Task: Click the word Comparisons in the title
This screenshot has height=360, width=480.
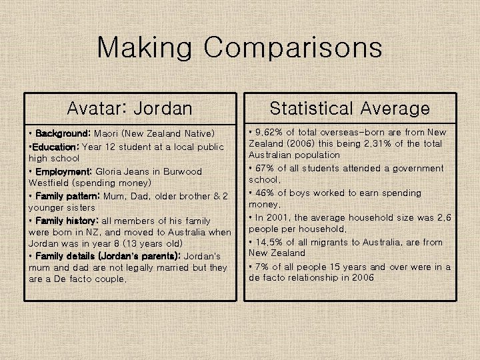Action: [293, 48]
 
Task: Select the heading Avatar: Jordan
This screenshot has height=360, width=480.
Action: [130, 108]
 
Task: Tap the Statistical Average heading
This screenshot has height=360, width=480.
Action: [349, 108]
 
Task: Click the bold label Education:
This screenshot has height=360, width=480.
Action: [57, 147]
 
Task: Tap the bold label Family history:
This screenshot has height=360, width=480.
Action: [66, 221]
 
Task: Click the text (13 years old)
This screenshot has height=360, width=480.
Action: [150, 244]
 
